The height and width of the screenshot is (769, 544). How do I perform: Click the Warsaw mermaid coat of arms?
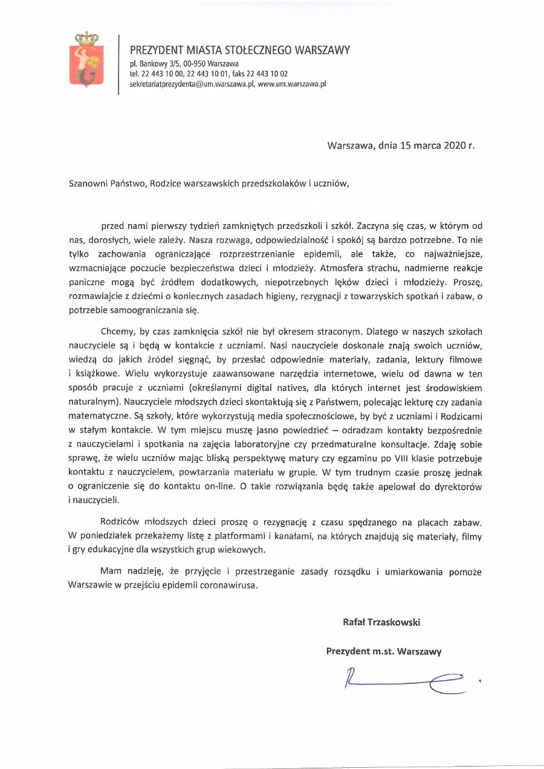click(x=85, y=60)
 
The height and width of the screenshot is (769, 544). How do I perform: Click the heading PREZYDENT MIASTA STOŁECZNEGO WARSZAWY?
click(x=239, y=51)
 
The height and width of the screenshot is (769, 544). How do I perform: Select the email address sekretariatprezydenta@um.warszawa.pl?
click(x=192, y=85)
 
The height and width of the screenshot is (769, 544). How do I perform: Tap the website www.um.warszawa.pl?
click(x=292, y=85)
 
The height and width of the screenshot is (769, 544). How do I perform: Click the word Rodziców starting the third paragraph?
click(x=120, y=521)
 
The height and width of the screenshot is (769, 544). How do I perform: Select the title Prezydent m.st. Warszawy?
click(x=383, y=651)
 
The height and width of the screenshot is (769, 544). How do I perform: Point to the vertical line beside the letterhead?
click(x=119, y=63)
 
